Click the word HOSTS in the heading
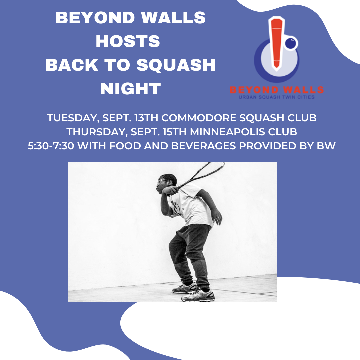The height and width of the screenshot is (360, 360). click(x=128, y=42)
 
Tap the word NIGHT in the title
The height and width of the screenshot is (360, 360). click(x=131, y=89)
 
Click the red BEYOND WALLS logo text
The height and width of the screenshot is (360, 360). click(x=277, y=90)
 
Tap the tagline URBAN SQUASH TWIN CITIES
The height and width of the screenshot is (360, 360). click(x=277, y=97)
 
